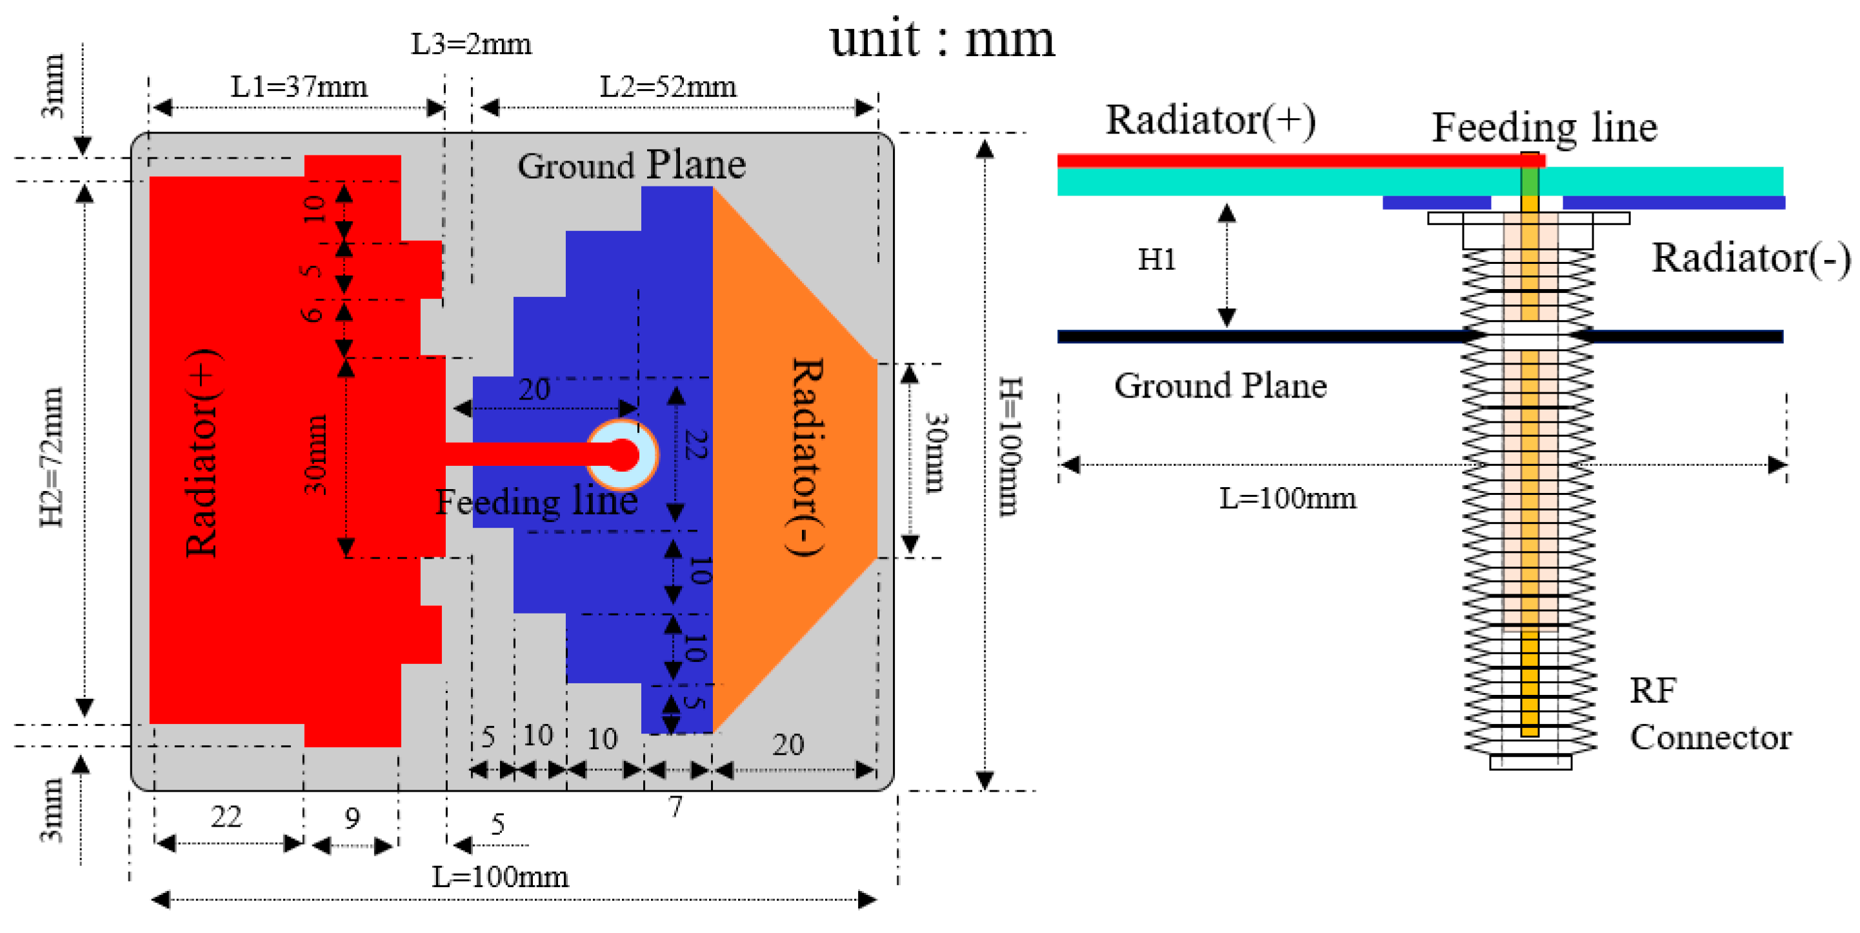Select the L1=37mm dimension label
[x=299, y=87]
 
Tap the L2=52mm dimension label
[x=668, y=87]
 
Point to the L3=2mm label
[x=471, y=45]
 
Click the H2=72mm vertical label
[x=52, y=456]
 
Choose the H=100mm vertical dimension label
[x=1010, y=446]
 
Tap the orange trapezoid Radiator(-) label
[x=806, y=456]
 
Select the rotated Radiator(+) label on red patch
[x=201, y=453]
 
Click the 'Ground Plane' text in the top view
[x=631, y=165]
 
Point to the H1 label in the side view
[x=1157, y=259]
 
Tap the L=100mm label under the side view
[x=1287, y=498]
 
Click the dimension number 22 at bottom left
[x=226, y=817]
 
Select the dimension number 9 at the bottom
[x=352, y=818]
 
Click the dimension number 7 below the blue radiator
[x=675, y=807]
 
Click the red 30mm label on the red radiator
[x=315, y=454]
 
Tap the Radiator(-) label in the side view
[x=1751, y=258]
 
